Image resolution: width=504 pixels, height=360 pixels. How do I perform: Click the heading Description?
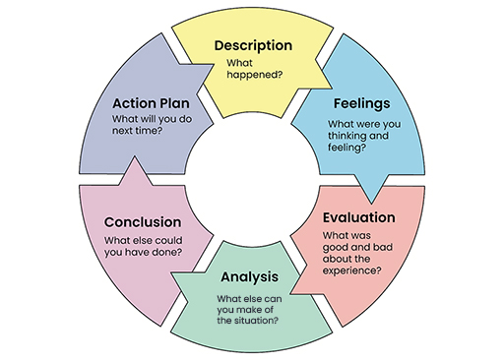(253, 45)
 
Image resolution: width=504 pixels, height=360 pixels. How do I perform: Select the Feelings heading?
(361, 102)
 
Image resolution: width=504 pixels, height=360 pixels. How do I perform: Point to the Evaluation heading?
(358, 217)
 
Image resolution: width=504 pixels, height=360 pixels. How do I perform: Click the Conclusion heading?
(143, 221)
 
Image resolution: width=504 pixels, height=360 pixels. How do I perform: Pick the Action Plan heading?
(151, 102)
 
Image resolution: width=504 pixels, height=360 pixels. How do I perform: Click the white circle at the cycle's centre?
(252, 180)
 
